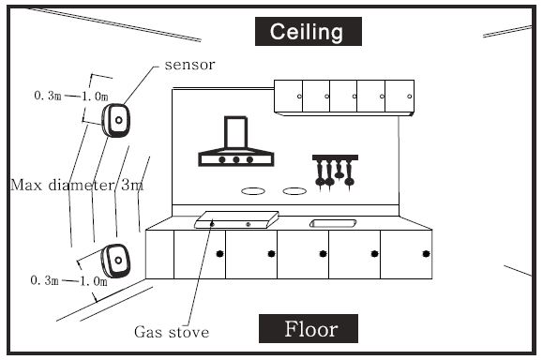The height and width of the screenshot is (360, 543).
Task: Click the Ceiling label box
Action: (x=309, y=32)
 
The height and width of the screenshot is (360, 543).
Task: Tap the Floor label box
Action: (x=309, y=328)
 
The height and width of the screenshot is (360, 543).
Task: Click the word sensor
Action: (x=189, y=65)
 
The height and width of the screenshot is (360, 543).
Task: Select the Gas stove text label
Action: (x=172, y=332)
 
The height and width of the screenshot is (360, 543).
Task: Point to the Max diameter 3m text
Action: (x=77, y=185)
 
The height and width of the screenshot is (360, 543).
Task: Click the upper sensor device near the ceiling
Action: (x=116, y=120)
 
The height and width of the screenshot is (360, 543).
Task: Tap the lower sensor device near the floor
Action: (x=115, y=261)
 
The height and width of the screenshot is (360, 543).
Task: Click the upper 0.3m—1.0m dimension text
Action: (x=71, y=96)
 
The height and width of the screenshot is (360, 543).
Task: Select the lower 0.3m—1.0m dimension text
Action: (x=68, y=280)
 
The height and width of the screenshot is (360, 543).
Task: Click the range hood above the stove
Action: (x=236, y=142)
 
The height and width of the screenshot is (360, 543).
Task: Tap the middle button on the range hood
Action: (x=236, y=159)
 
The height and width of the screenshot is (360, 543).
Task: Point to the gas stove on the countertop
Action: (x=237, y=219)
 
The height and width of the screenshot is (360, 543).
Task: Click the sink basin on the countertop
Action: (x=333, y=223)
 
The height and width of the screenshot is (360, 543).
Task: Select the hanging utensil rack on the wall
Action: (x=335, y=172)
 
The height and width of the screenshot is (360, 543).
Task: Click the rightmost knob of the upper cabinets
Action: (x=410, y=97)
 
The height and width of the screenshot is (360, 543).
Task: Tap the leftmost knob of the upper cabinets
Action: (x=299, y=97)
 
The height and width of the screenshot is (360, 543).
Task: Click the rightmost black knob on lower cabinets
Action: (x=426, y=254)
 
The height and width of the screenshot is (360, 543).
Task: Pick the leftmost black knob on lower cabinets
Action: (x=219, y=254)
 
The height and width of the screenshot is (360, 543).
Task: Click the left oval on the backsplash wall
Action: (x=253, y=191)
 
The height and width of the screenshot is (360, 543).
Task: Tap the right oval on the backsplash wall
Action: (x=294, y=191)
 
